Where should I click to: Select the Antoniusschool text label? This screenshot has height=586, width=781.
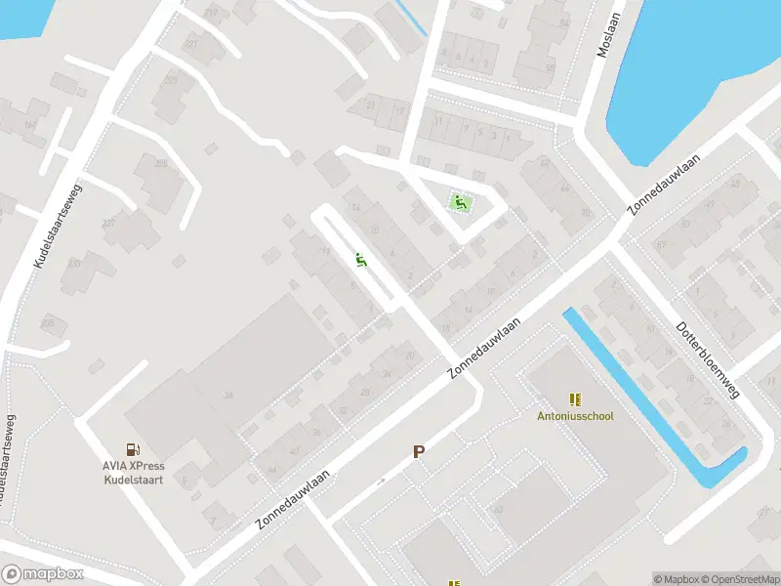pos(575,416)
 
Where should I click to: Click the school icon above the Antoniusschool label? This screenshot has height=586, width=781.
pos(575,398)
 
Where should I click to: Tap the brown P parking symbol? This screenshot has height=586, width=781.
pos(419,451)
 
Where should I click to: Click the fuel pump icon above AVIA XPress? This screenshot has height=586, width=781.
pos(133,448)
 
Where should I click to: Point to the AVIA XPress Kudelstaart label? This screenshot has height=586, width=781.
pos(134,472)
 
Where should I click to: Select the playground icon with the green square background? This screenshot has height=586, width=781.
pos(460,203)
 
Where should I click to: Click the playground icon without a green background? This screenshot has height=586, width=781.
pos(361,261)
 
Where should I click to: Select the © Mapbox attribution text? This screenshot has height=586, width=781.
pos(677,579)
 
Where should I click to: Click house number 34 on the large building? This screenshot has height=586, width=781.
pos(228,396)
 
